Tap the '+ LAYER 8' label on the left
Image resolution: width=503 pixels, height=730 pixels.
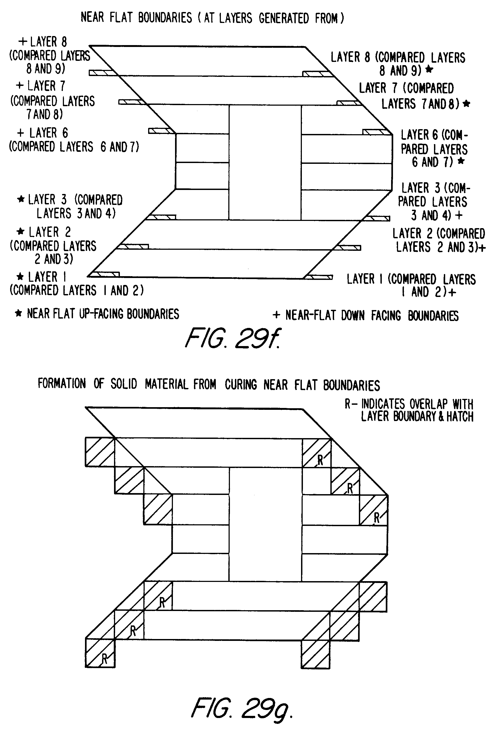click(43, 42)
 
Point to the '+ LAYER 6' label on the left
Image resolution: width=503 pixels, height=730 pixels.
click(42, 133)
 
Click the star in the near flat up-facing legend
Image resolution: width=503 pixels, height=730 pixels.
click(19, 314)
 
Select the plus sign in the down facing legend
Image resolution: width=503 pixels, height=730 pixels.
click(276, 315)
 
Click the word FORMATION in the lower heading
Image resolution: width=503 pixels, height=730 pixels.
click(62, 383)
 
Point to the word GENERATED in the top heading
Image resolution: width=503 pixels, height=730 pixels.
click(284, 18)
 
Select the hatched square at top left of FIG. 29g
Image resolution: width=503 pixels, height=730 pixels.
click(100, 452)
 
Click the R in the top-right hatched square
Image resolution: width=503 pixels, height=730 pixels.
click(320, 461)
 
